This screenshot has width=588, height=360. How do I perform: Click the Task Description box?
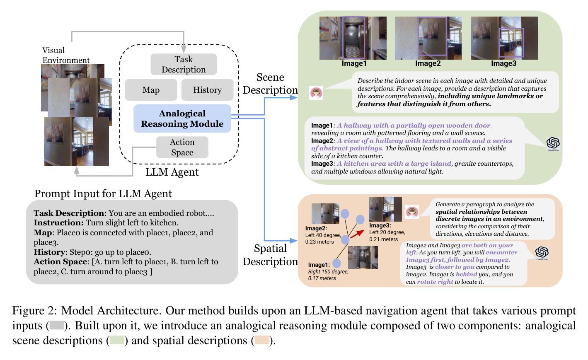click(184, 64)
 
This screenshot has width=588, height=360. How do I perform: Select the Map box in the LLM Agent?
click(151, 90)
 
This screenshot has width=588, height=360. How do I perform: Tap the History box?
click(207, 90)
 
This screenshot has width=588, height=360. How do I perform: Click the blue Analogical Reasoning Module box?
click(182, 118)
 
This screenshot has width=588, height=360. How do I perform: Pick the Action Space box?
click(182, 147)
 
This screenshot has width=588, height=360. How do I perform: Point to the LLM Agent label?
click(172, 172)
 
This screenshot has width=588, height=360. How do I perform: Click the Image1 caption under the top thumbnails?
click(354, 63)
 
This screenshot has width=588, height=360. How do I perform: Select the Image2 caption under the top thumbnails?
click(428, 63)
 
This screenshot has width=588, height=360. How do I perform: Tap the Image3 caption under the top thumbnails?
click(503, 63)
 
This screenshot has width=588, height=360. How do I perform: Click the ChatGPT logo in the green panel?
click(553, 143)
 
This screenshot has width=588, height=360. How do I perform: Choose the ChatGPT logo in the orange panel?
click(542, 252)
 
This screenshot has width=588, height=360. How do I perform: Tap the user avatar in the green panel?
click(316, 93)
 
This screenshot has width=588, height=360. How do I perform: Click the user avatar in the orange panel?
click(412, 212)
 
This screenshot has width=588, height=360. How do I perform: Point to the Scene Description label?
click(270, 84)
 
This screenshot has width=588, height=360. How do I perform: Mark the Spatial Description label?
click(270, 255)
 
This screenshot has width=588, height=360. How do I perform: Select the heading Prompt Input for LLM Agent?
click(103, 193)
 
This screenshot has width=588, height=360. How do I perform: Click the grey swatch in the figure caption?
click(56, 325)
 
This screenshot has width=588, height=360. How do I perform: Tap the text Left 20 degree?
click(387, 232)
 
